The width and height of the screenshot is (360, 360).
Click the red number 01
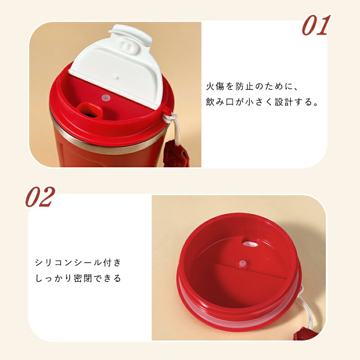pos(316,25)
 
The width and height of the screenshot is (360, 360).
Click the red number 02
pos(40,197)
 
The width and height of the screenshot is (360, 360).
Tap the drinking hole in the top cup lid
pos(90,110)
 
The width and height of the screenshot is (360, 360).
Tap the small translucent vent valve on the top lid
pos(106,98)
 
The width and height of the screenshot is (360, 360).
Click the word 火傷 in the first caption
pos(215,86)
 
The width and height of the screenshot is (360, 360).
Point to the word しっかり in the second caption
pos(54,278)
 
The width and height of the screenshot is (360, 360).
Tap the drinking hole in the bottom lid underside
pos(250,243)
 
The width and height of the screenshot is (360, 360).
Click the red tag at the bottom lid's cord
pos(306,333)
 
